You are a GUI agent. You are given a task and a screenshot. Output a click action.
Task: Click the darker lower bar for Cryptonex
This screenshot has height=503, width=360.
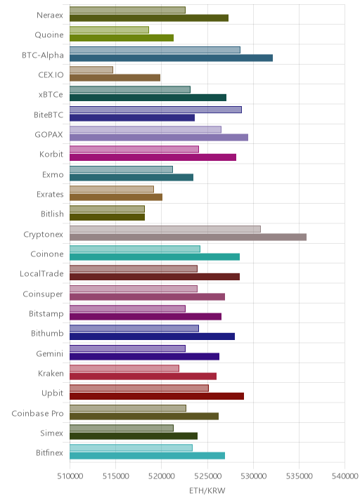(x=188, y=237)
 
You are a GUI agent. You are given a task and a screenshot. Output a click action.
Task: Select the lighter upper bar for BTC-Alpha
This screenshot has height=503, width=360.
(x=155, y=50)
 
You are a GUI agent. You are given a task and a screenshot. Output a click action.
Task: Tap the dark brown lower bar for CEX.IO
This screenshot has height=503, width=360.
(x=115, y=78)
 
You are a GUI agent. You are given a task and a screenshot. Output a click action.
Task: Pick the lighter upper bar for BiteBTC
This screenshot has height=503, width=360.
(x=156, y=110)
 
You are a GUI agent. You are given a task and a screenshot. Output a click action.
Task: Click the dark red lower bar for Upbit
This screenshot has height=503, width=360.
(x=157, y=396)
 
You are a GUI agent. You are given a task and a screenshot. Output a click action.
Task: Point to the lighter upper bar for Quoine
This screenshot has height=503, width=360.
(x=109, y=30)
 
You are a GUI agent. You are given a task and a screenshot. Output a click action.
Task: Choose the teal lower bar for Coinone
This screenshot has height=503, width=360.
(x=155, y=257)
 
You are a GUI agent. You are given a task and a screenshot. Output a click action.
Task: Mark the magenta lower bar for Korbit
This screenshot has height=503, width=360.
(x=153, y=157)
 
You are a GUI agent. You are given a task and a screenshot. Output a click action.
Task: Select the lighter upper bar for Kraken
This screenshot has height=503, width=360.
(x=124, y=368)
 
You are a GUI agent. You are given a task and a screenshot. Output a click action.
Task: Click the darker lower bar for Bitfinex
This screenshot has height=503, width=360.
(x=147, y=456)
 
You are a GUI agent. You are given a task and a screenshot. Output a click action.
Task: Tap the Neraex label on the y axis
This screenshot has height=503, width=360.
(x=50, y=15)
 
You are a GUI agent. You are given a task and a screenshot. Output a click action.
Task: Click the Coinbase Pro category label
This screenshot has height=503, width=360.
(x=37, y=414)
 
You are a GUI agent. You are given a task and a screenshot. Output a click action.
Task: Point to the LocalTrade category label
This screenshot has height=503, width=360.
(x=41, y=274)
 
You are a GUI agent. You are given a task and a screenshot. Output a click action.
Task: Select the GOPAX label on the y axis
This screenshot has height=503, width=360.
(x=49, y=134)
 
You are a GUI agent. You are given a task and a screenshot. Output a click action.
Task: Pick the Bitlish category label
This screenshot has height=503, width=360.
(x=52, y=214)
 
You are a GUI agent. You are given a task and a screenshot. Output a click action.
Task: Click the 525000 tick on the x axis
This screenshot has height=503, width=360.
(x=207, y=476)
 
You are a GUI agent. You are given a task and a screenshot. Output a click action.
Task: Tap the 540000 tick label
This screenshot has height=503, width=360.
(x=345, y=476)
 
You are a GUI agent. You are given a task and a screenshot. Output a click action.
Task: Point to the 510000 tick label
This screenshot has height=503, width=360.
(x=70, y=476)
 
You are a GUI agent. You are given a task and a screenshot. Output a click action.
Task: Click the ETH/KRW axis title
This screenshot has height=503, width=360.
(x=207, y=491)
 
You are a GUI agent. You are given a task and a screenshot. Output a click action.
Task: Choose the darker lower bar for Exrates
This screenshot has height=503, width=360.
(x=116, y=197)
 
